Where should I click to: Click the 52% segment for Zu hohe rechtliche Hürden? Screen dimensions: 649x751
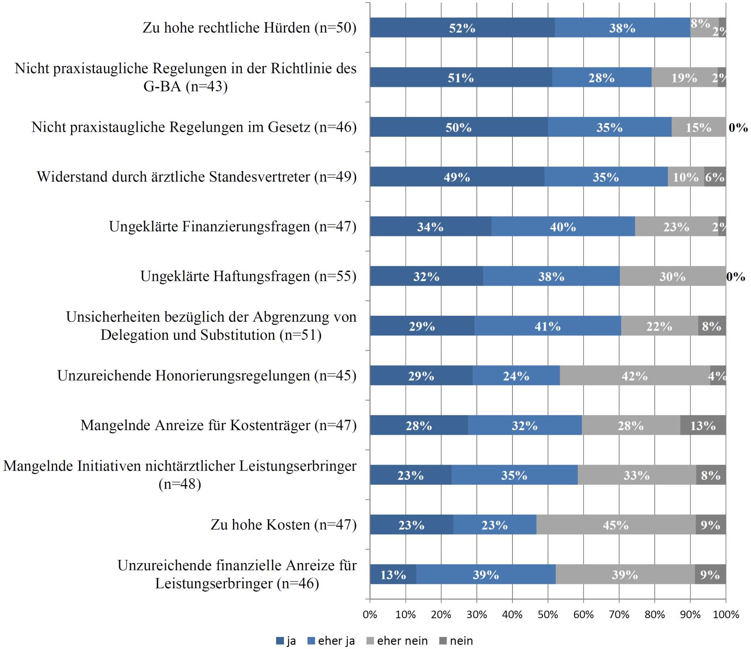[462, 28]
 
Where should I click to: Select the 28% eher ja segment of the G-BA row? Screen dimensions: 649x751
[601, 78]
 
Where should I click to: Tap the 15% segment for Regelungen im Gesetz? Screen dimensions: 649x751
[698, 127]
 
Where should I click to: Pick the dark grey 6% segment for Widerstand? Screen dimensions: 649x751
[715, 177]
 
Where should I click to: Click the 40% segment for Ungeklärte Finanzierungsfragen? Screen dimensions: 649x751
[563, 227]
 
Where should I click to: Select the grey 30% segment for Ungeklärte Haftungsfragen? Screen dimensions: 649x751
[672, 276]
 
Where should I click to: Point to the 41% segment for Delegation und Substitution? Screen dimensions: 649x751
[547, 326]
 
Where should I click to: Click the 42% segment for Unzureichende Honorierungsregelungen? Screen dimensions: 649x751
[635, 376]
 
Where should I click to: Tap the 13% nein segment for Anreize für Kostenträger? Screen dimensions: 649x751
[703, 426]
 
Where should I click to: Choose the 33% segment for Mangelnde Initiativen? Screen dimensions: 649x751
[637, 475]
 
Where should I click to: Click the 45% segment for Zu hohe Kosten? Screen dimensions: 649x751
[616, 525]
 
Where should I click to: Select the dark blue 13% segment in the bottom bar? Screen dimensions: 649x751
[393, 575]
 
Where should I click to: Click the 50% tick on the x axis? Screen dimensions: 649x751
[548, 615]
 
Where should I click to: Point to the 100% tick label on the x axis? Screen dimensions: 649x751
[726, 615]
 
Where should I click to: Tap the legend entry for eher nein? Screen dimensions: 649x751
[397, 641]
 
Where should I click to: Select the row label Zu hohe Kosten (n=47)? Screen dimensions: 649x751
[284, 525]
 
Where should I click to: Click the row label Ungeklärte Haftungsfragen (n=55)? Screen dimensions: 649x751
[248, 276]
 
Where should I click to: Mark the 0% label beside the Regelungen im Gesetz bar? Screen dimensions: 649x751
[738, 128]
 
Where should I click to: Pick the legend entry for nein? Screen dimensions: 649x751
[455, 641]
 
